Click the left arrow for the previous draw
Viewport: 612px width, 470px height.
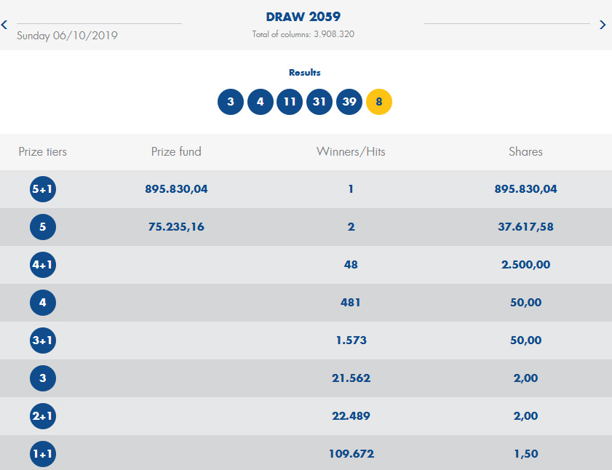point(4,25)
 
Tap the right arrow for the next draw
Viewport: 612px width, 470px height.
point(603,25)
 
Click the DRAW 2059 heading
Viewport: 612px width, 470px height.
point(303,17)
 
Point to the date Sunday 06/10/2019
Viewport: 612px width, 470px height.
point(67,35)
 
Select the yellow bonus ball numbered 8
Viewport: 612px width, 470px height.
point(378,102)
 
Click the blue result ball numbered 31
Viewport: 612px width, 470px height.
point(319,102)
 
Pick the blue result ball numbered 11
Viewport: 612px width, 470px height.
point(290,102)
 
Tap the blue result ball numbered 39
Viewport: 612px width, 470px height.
point(349,102)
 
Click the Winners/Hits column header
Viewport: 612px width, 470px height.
point(351,152)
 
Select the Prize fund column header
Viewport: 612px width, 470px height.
point(176,152)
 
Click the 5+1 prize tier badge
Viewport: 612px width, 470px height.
point(43,190)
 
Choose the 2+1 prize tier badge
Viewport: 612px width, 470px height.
point(43,417)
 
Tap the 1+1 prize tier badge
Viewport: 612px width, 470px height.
point(43,455)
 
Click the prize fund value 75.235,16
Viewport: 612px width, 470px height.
point(176,227)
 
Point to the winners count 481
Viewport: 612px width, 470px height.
point(351,303)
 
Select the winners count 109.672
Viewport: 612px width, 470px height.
point(351,454)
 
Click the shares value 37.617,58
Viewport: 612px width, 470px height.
point(525,227)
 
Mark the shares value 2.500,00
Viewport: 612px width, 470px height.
point(525,265)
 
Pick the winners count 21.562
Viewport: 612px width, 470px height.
point(351,378)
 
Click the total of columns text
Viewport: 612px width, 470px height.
point(303,34)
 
